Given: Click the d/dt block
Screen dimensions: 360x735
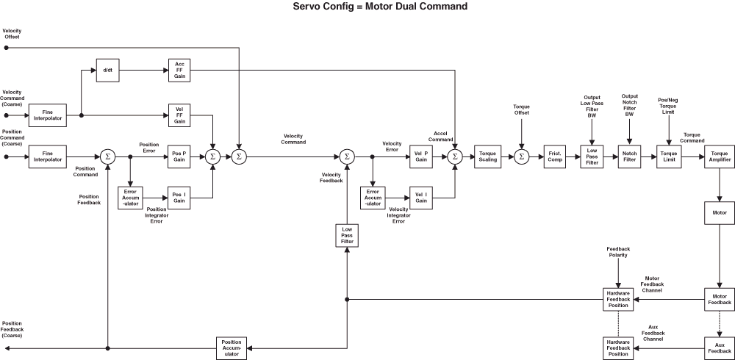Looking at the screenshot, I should tap(107, 71).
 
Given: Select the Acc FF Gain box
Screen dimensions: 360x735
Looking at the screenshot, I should tap(179, 71).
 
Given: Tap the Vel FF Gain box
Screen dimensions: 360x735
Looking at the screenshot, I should tap(179, 116).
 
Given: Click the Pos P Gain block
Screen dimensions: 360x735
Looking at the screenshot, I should tap(179, 156).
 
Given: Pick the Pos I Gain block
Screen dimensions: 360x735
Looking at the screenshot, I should tap(179, 198).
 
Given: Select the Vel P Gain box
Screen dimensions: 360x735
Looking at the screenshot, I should tap(420, 156).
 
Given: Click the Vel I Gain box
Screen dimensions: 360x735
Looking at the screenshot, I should tap(420, 198).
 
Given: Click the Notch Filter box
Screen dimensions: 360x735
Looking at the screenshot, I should tap(629, 156).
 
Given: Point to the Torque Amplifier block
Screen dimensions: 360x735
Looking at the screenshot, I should tap(720, 156).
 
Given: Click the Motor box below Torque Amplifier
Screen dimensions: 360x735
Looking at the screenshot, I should tap(720, 212).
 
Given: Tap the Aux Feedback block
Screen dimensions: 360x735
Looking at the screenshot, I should tap(720, 348).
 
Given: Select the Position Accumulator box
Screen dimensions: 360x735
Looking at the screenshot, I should tap(232, 348).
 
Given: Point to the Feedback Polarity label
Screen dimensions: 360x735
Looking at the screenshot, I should tap(617, 251).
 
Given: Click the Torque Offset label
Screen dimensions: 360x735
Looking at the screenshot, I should tap(521, 109).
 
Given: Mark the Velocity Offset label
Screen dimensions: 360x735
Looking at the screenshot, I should tap(12, 33).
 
